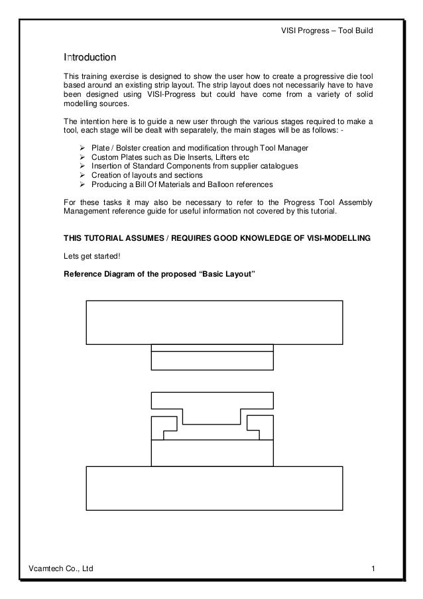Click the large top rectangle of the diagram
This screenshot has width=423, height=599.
[214, 322]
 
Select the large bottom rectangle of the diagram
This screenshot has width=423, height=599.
[214, 488]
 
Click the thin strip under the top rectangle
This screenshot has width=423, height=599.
[212, 348]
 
